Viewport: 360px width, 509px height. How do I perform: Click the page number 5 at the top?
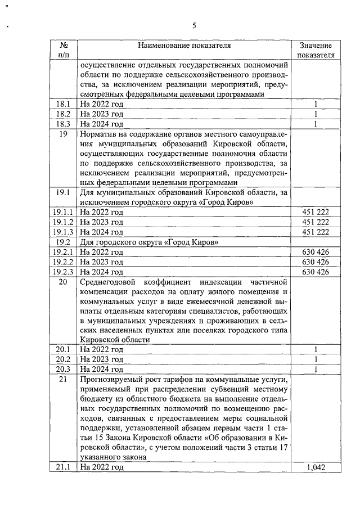click(194, 26)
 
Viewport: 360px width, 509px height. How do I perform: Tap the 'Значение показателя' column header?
click(316, 50)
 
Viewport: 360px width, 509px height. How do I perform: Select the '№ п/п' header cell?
click(63, 50)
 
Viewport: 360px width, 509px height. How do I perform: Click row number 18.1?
click(63, 105)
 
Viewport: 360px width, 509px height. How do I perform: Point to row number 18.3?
click(63, 124)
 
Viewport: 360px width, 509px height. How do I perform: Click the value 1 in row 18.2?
click(316, 114)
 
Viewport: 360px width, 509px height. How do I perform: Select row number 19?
click(63, 134)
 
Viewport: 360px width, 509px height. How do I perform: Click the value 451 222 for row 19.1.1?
click(316, 212)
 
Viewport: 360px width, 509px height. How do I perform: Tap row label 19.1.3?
click(63, 232)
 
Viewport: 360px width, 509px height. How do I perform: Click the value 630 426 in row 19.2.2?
click(316, 262)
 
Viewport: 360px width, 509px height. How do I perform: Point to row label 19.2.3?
click(63, 271)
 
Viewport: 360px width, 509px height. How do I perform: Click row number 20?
click(63, 281)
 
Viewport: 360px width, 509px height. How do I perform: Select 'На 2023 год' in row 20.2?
click(101, 359)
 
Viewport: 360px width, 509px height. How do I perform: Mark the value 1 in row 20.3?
click(316, 369)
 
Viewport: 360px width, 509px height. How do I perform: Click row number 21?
click(63, 379)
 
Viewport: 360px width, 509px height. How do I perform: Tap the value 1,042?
click(316, 467)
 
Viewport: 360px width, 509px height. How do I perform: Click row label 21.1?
click(63, 467)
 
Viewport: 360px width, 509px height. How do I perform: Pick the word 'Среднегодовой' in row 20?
click(106, 281)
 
